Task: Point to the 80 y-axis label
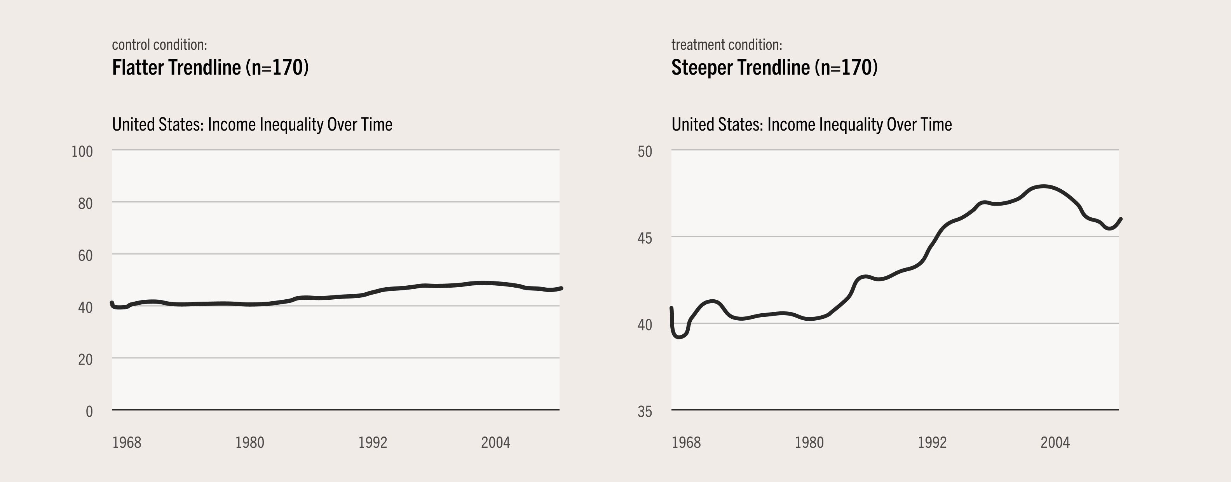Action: click(x=85, y=204)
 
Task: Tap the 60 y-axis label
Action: click(x=85, y=256)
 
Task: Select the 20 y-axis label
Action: click(x=85, y=360)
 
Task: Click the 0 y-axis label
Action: click(x=89, y=412)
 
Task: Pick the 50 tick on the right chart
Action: click(x=644, y=152)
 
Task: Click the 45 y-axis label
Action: click(x=644, y=238)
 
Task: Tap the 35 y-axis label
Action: click(x=644, y=412)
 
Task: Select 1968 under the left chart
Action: click(x=127, y=443)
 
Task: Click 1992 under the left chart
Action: click(x=373, y=443)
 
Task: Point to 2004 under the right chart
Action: click(x=1055, y=443)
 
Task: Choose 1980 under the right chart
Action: click(x=809, y=443)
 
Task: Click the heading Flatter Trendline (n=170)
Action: click(x=210, y=67)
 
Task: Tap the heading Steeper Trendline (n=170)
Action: click(x=774, y=67)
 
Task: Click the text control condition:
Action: click(x=159, y=45)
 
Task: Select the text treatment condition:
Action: click(x=726, y=45)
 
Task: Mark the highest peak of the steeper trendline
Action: click(x=1044, y=187)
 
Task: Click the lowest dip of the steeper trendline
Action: click(x=678, y=337)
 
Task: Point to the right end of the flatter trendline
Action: click(x=561, y=288)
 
